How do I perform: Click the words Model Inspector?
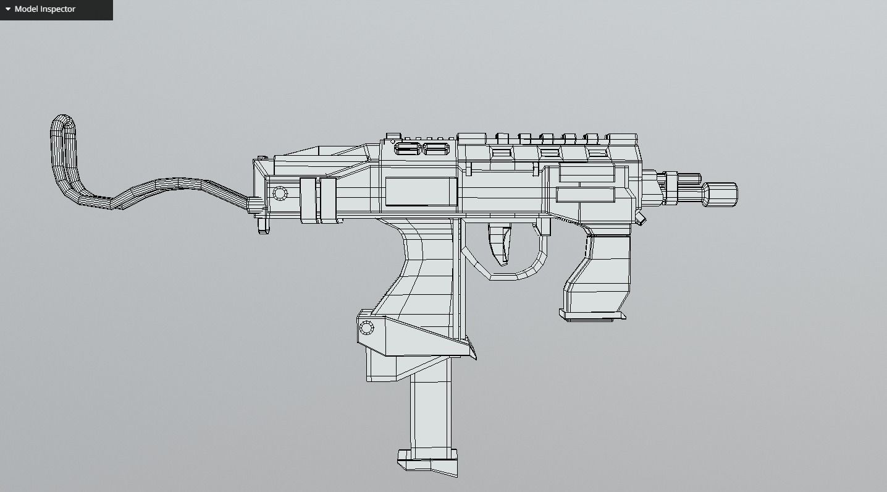(45, 9)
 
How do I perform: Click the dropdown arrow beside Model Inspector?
(8, 9)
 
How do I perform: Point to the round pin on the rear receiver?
(280, 193)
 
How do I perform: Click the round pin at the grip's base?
(366, 328)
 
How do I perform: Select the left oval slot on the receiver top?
(407, 149)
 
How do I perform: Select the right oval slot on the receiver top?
(436, 149)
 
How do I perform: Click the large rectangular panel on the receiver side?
(421, 191)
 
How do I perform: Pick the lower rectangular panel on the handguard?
(586, 195)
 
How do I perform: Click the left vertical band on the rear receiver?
(308, 200)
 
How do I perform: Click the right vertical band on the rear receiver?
(327, 200)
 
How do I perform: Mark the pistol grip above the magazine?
(426, 272)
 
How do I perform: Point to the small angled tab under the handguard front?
(641, 219)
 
